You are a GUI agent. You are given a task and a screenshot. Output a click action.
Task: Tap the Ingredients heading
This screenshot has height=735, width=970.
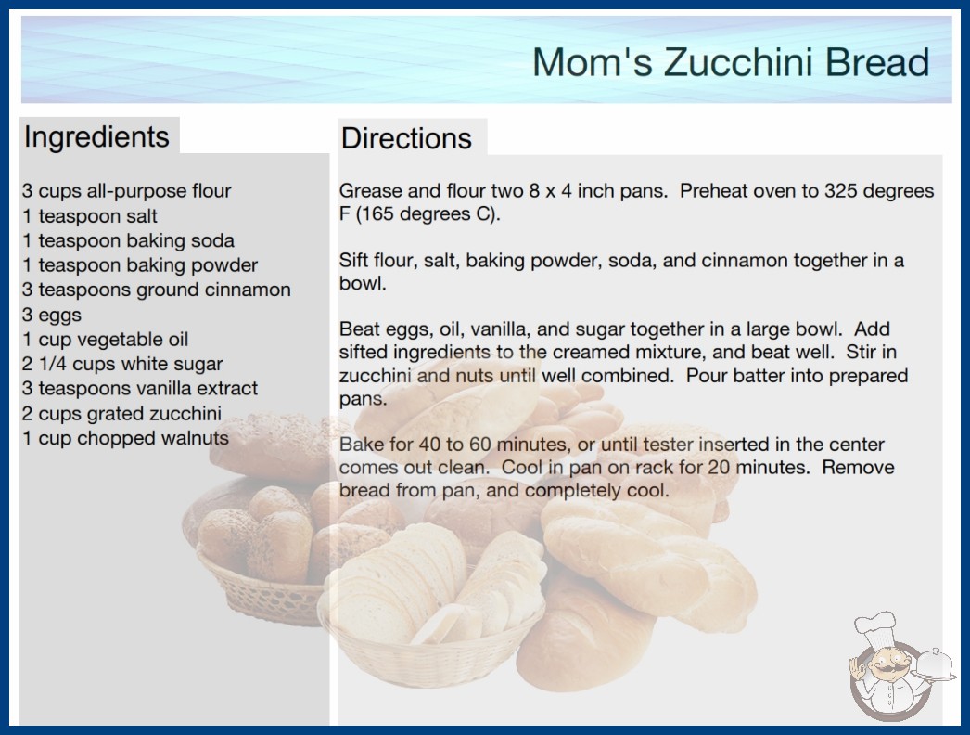(96, 137)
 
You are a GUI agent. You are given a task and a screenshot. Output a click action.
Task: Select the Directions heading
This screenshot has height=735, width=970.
(406, 138)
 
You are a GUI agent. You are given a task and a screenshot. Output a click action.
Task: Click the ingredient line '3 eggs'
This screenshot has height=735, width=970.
(52, 316)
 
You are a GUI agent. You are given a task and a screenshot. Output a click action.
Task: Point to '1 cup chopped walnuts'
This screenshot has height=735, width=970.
(125, 438)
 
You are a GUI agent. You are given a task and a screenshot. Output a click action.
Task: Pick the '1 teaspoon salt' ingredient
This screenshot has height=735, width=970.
(90, 216)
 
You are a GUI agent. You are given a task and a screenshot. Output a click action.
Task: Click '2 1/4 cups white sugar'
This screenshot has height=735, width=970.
(122, 364)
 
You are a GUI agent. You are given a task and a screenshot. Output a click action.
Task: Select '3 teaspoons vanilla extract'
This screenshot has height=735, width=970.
(140, 388)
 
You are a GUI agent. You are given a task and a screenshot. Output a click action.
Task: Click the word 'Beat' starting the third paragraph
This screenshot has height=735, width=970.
(359, 329)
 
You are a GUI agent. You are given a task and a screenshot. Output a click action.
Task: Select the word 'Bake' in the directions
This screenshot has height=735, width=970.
(360, 444)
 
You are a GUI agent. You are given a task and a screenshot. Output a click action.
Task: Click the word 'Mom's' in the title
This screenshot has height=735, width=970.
(593, 62)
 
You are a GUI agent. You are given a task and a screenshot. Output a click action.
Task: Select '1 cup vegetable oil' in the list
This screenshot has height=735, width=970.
(105, 340)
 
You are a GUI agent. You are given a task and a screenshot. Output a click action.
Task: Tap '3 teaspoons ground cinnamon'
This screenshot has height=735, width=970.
(157, 290)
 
